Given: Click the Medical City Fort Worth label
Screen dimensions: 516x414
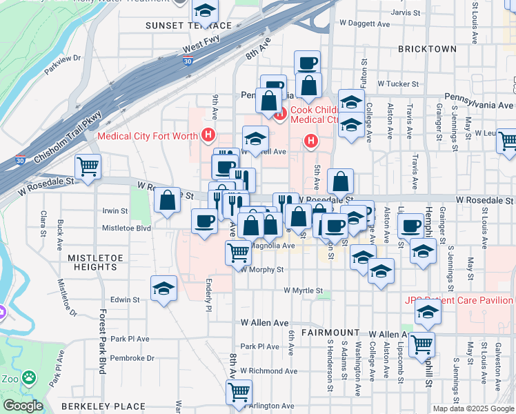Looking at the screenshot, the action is point(148,136).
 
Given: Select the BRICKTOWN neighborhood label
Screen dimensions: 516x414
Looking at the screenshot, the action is point(428,49).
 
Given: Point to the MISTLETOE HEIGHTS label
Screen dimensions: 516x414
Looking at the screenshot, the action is point(92,262).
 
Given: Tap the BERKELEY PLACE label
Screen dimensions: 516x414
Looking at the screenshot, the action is point(103,406).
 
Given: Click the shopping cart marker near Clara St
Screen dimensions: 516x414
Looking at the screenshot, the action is point(88,167).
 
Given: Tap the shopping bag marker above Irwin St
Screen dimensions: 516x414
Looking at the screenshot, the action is point(168,201).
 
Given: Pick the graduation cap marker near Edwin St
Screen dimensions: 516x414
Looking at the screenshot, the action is point(164,288).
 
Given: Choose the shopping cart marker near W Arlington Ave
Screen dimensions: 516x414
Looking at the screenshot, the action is point(239,393).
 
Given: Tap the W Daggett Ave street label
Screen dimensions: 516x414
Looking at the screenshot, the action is point(365,23).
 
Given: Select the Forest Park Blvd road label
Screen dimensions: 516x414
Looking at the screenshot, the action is point(101,341).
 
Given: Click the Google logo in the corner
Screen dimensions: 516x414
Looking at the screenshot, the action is point(23,406).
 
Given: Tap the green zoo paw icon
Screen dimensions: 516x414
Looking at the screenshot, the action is point(29,377).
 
